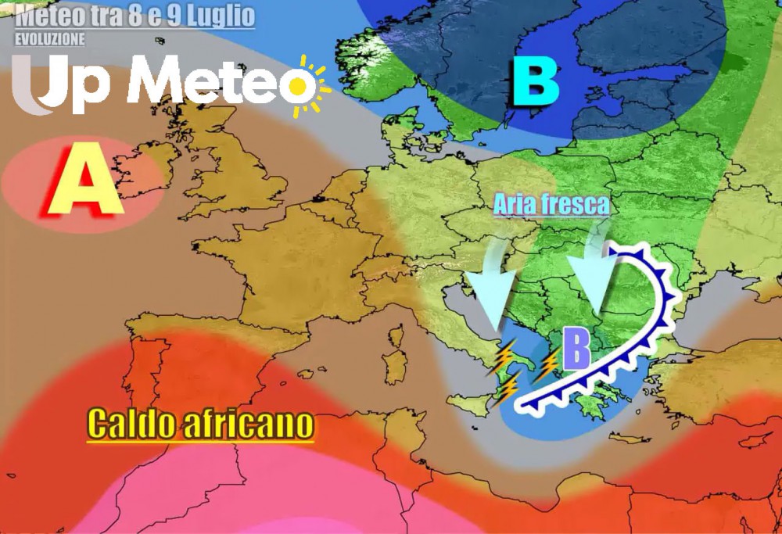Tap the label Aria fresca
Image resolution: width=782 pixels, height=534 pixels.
(x=551, y=205)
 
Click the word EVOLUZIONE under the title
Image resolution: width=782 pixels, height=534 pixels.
(x=50, y=38)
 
